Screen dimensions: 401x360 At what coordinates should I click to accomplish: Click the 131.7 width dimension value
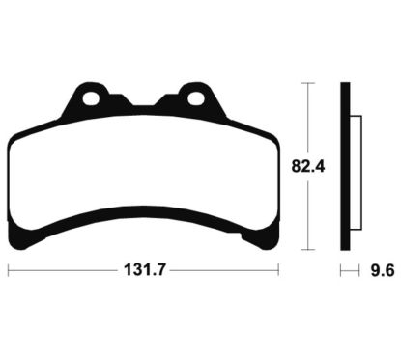pyautogui.click(x=144, y=269)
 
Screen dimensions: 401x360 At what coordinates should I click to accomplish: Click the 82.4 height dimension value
pyautogui.click(x=308, y=166)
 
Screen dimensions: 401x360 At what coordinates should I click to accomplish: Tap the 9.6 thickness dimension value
pyautogui.click(x=383, y=270)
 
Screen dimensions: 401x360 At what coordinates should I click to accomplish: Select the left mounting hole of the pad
pyautogui.click(x=91, y=98)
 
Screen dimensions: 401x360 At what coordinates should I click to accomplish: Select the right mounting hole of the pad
pyautogui.click(x=195, y=98)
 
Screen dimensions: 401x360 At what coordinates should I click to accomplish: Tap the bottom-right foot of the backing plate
pyautogui.click(x=260, y=236)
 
